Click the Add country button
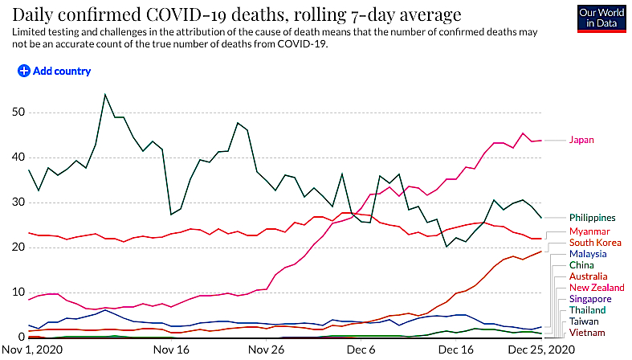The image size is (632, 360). pos(54,71)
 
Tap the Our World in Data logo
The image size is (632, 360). pos(601,18)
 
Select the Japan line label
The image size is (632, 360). pos(581,140)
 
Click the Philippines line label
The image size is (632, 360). pos(592,218)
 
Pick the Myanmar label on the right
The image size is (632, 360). pos(589,231)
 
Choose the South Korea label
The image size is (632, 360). pos(595,243)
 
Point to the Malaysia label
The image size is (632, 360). pos(588,254)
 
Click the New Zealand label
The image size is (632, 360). pos(597,288)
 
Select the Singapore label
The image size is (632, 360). pos(590,299)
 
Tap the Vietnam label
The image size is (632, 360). pos(587,333)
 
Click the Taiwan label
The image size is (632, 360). pos(584,321)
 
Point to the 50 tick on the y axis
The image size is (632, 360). pos(18,112)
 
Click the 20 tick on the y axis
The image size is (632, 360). pos(18,247)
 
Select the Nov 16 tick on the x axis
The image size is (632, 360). pos(171,349)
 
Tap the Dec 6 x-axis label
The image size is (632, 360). pos(361,349)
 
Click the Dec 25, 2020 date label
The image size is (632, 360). pos(541,349)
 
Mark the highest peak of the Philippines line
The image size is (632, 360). pos(104,94)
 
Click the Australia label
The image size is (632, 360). pos(588,276)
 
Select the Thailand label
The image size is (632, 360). pos(587,310)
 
